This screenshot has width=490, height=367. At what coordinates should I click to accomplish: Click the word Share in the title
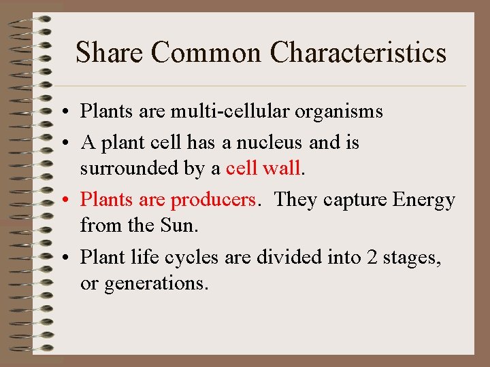click(110, 52)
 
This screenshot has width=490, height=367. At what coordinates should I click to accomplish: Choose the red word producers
click(214, 200)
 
